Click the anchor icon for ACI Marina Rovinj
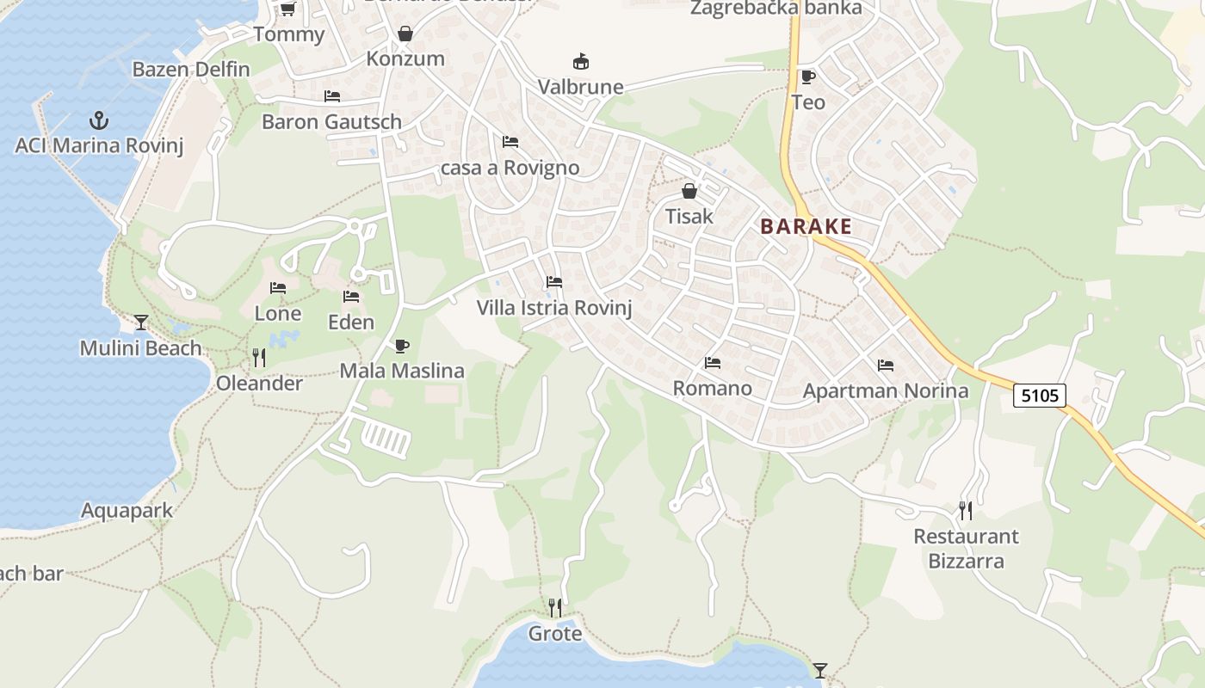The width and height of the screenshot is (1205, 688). click(x=99, y=120)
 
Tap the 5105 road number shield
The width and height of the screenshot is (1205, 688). click(x=1040, y=396)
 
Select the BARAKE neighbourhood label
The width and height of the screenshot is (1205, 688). click(x=806, y=227)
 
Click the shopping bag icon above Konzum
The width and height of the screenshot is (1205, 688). click(x=405, y=34)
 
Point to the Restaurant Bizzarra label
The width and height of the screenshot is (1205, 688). click(x=966, y=549)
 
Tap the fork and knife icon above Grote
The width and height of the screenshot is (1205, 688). click(x=555, y=608)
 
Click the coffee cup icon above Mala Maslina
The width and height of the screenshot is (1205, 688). click(x=401, y=346)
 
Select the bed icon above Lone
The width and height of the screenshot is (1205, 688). click(x=278, y=288)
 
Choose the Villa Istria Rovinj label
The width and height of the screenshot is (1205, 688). click(x=554, y=308)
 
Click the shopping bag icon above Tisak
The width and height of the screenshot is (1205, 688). click(x=689, y=191)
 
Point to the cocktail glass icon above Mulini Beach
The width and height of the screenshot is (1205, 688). click(x=141, y=322)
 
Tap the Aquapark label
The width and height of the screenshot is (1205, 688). click(x=127, y=511)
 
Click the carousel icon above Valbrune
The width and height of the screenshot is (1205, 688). click(x=581, y=62)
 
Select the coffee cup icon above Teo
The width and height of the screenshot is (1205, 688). click(x=807, y=77)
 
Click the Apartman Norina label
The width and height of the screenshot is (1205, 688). click(x=886, y=391)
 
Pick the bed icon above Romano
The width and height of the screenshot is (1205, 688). click(x=712, y=363)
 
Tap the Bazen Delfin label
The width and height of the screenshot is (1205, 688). click(x=191, y=70)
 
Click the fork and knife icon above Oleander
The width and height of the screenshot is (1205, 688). click(x=258, y=357)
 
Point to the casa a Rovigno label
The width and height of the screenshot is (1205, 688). click(x=510, y=168)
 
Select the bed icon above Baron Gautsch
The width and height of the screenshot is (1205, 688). click(x=332, y=96)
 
